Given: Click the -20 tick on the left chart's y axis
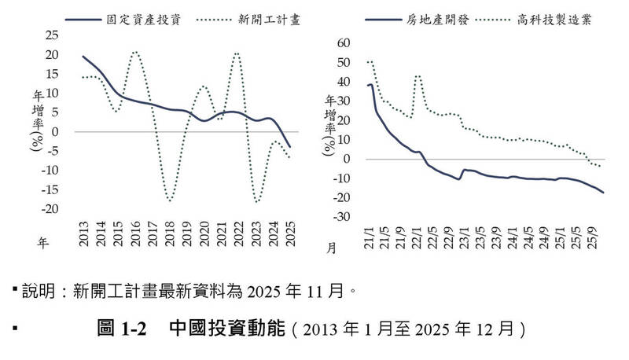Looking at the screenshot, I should [x=50, y=209].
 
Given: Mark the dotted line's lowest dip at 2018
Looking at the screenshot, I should [x=170, y=201].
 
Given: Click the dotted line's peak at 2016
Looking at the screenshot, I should [x=135, y=52].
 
